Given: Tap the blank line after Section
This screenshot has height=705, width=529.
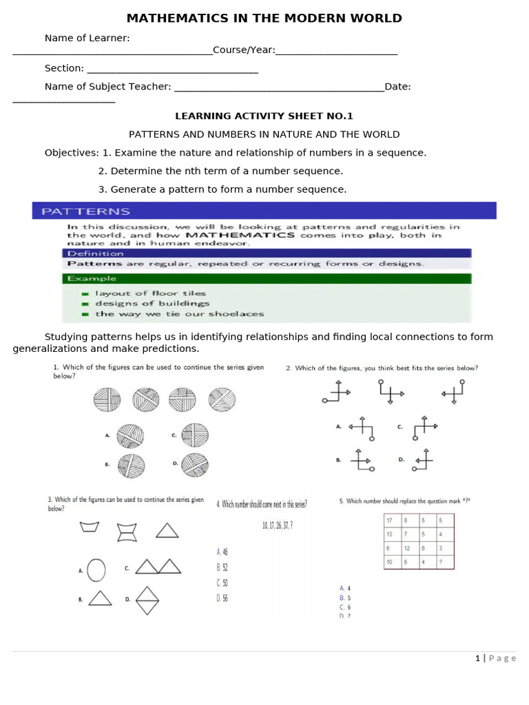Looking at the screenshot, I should (172, 71).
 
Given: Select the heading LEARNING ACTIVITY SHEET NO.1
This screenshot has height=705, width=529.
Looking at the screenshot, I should (264, 116).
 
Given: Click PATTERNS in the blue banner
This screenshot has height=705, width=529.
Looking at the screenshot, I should (85, 211).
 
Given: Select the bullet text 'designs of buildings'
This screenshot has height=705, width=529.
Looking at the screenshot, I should (152, 304).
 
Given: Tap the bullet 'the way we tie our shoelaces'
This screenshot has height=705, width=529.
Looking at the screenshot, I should (179, 314).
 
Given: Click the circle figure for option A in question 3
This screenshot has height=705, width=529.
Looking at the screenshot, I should (96, 570).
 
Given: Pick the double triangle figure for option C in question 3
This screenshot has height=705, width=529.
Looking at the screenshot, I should (158, 567).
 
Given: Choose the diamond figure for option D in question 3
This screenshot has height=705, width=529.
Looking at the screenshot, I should (147, 600).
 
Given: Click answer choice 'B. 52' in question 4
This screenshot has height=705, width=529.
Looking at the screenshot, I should (222, 567).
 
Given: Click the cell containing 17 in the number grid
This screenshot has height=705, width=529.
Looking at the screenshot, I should (391, 520).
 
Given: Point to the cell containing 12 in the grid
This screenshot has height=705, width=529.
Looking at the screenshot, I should (408, 548).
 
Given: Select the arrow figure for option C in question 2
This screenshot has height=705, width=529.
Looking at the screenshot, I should (424, 428).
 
